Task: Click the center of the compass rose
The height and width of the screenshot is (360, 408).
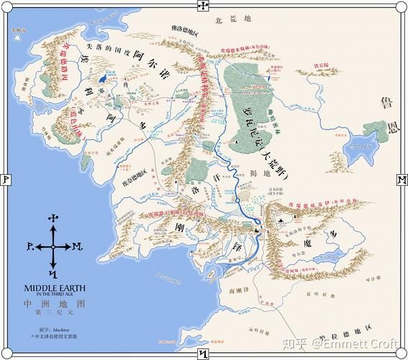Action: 52,246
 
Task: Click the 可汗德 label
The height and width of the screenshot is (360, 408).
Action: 371,278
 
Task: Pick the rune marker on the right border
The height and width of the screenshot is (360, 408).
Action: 401,179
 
